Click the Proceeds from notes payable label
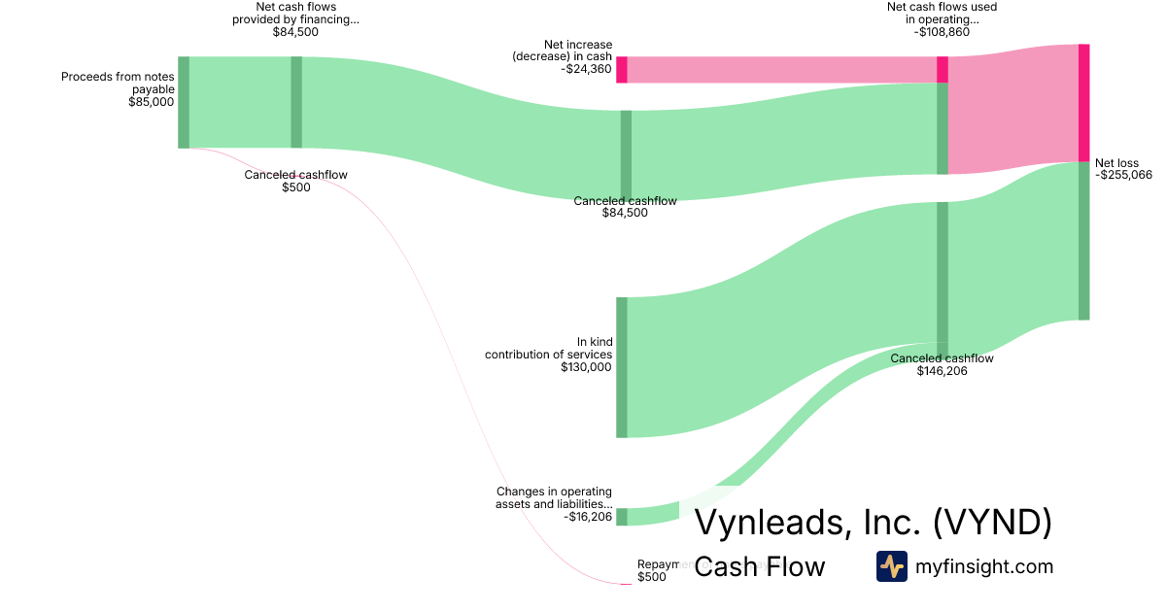click(x=118, y=83)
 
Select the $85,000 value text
click(x=151, y=101)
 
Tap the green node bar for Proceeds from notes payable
click(x=184, y=102)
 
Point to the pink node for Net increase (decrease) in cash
click(x=622, y=70)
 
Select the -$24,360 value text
click(x=586, y=69)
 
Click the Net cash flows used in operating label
click(x=942, y=13)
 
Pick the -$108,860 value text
click(x=942, y=31)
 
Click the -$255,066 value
click(x=1123, y=176)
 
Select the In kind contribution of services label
click(x=549, y=348)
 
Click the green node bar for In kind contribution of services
click(x=622, y=367)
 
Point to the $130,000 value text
click(x=586, y=367)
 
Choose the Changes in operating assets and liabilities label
click(x=554, y=498)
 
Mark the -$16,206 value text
click(x=588, y=517)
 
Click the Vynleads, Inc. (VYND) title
click(x=873, y=523)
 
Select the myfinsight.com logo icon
click(x=892, y=566)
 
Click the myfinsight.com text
click(x=984, y=566)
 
